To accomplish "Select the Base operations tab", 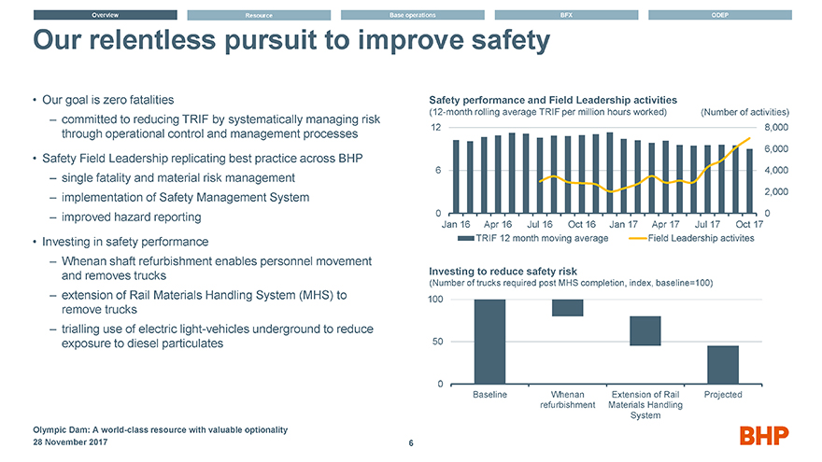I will point(413,15).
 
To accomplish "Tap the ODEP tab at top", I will point(719,15).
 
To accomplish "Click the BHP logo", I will point(764,435).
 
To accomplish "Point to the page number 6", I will point(411,443).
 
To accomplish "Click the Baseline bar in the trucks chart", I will point(490,342).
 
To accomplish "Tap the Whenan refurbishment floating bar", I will point(568,308).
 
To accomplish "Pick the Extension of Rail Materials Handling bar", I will point(645,330).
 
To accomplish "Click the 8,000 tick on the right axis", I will point(777,128).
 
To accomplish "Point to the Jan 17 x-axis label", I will point(623,224).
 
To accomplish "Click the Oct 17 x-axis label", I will point(749,224).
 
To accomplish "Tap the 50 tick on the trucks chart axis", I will point(435,342).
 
